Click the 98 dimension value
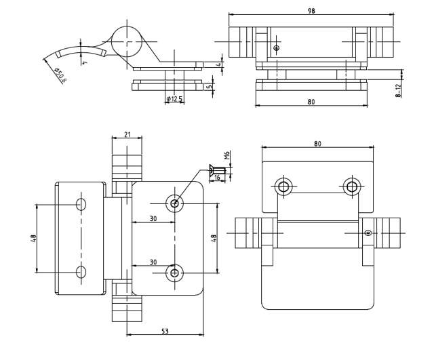pyautogui.click(x=311, y=10)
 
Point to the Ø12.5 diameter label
pyautogui.click(x=174, y=99)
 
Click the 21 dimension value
pyautogui.click(x=127, y=134)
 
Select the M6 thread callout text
pyautogui.click(x=228, y=155)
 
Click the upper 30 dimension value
pyautogui.click(x=153, y=219)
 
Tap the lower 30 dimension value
pyautogui.click(x=153, y=262)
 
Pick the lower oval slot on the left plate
pyautogui.click(x=81, y=273)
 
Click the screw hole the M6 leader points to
pyautogui.click(x=175, y=203)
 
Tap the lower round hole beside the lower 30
pyautogui.click(x=175, y=273)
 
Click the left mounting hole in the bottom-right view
pyautogui.click(x=283, y=186)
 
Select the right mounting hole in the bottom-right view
pyautogui.click(x=351, y=186)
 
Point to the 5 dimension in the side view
pyautogui.click(x=211, y=86)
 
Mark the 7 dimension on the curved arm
pyautogui.click(x=85, y=62)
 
